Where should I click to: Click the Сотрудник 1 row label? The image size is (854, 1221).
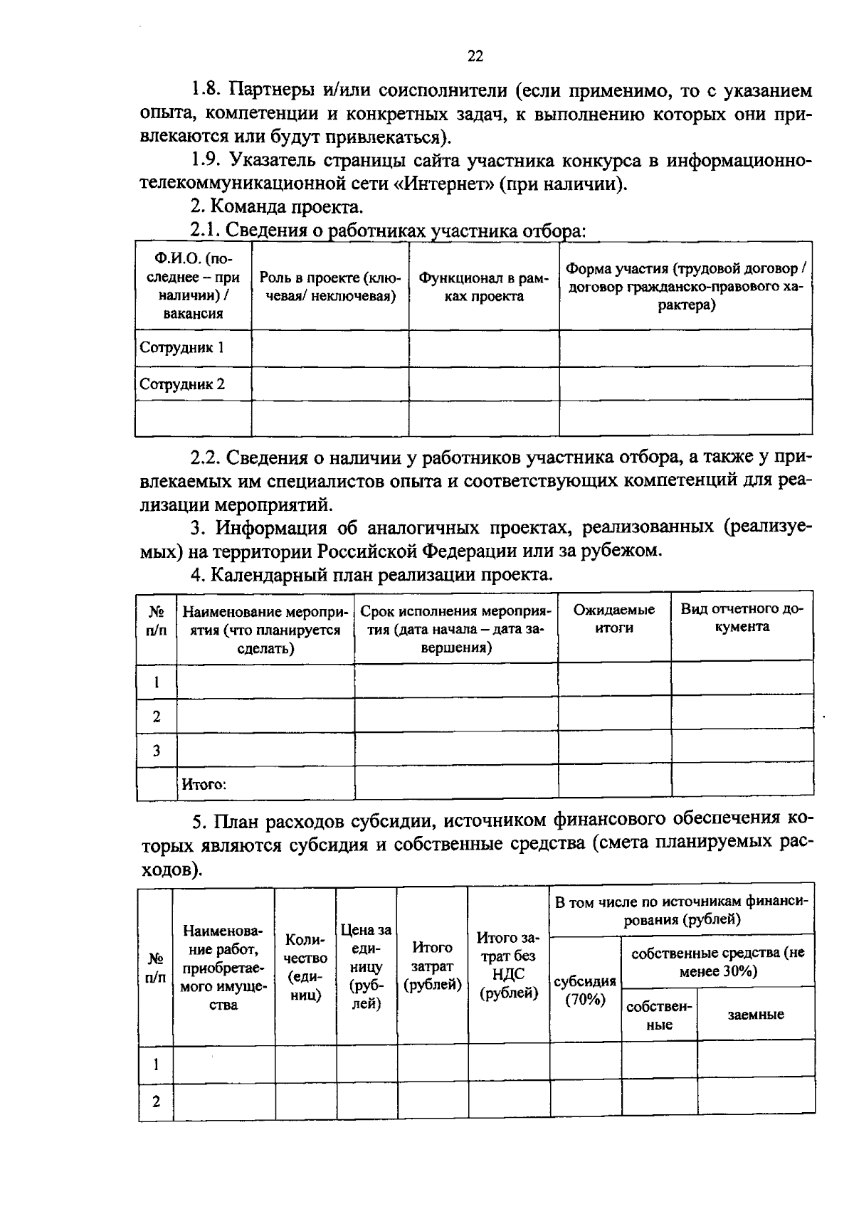(x=182, y=348)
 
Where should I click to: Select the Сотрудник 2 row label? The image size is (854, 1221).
(x=182, y=385)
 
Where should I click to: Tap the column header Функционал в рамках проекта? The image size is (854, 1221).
(x=483, y=287)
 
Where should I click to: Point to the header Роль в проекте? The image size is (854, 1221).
(x=330, y=287)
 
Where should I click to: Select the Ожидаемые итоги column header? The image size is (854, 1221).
(x=614, y=619)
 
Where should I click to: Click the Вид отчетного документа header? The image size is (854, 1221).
(x=742, y=618)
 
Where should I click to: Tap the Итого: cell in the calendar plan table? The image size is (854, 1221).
(x=204, y=785)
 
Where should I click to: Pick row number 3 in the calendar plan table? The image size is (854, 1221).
(x=156, y=751)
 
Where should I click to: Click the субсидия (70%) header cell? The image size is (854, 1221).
(x=585, y=990)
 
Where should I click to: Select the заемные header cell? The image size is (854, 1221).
(x=755, y=1015)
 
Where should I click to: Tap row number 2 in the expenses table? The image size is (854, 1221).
(x=156, y=1102)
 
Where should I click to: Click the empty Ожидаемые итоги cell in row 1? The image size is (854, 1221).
(x=614, y=678)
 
